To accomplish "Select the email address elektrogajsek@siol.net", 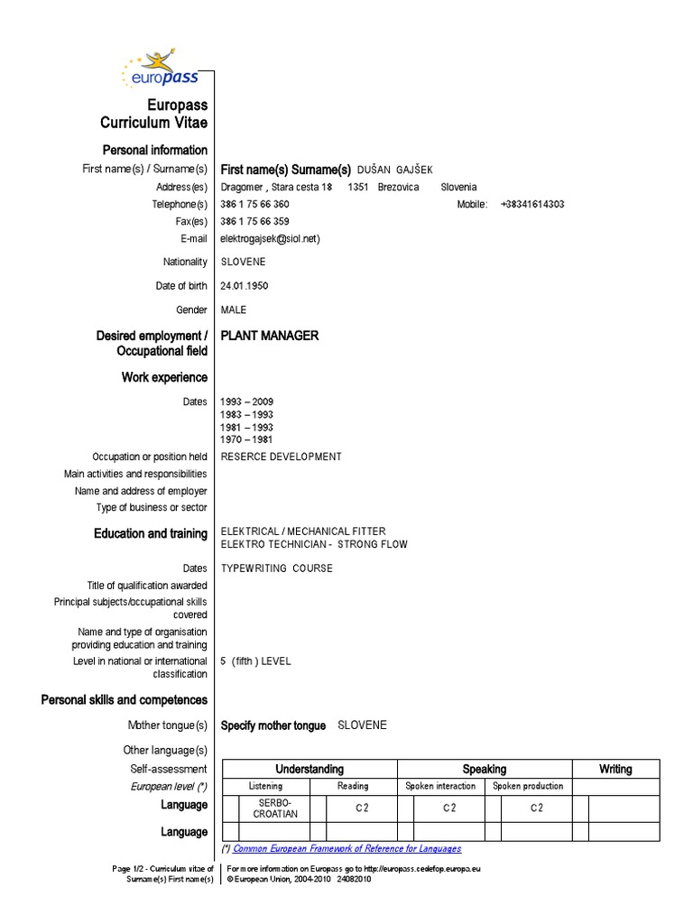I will point(270,239).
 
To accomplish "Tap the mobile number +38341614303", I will point(531,205).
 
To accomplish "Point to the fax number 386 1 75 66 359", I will point(254,222).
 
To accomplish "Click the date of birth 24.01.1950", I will point(244,286).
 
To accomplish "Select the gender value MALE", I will point(234,310).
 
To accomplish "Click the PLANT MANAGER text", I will point(270,336).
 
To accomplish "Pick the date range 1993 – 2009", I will point(246,402).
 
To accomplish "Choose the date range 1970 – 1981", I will point(246,440).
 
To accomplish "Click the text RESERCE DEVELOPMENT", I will point(282,457).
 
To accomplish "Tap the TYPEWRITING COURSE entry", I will point(277,568).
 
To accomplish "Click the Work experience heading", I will point(164,377).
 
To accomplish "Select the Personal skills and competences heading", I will point(125,700).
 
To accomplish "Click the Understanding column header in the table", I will point(310,770).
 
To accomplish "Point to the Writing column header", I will point(615,770).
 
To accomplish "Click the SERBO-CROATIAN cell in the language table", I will point(275,808).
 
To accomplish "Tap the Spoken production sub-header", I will point(528,787).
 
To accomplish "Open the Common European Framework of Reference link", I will point(347,849).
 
